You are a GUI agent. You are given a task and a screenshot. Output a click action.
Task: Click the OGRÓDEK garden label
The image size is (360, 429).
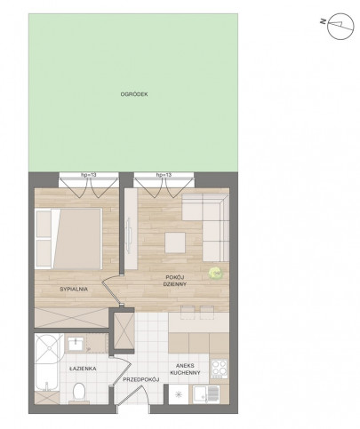click(x=134, y=94)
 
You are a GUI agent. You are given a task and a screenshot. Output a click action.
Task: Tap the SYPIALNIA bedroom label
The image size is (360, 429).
click(x=74, y=290)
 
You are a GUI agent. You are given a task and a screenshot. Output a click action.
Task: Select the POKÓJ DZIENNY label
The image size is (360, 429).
click(x=176, y=281)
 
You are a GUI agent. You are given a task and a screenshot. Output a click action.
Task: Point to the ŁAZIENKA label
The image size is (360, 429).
click(x=83, y=369)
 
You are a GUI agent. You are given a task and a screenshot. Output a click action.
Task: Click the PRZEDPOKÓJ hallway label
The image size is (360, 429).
click(x=141, y=379)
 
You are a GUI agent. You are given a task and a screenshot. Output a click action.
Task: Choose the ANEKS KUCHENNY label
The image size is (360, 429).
click(x=185, y=369)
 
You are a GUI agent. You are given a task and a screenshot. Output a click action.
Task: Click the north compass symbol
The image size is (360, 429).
click(x=340, y=27)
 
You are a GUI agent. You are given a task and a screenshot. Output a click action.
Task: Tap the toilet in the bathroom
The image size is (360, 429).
click(x=79, y=393)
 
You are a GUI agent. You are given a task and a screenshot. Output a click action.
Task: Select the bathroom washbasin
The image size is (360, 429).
click(x=76, y=344)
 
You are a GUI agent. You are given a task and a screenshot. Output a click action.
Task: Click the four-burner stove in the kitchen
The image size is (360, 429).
click(x=220, y=369)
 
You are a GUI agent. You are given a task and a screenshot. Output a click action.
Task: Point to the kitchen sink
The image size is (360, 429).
click(x=206, y=394)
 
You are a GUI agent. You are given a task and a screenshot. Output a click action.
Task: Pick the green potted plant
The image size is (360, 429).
click(x=215, y=273)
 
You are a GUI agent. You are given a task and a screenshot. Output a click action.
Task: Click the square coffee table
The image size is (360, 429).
click(x=175, y=242)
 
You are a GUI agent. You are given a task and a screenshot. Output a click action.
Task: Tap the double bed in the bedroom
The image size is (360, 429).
click(x=68, y=239)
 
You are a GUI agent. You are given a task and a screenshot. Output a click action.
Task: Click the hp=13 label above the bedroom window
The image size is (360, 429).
click(x=89, y=175)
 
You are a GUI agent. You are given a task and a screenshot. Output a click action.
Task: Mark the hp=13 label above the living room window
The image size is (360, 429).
click(x=164, y=175)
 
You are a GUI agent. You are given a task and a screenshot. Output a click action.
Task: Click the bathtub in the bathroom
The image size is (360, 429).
click(x=48, y=362)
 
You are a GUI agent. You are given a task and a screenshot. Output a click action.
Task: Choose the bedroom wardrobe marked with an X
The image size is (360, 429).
click(x=71, y=318)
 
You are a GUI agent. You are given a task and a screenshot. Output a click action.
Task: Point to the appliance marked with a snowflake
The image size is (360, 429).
click(x=179, y=394)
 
